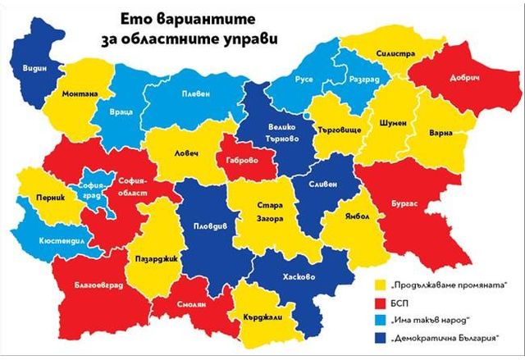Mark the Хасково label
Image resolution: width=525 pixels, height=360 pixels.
pyautogui.click(x=299, y=276)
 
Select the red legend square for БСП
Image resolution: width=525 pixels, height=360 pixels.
pyautogui.click(x=381, y=302)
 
